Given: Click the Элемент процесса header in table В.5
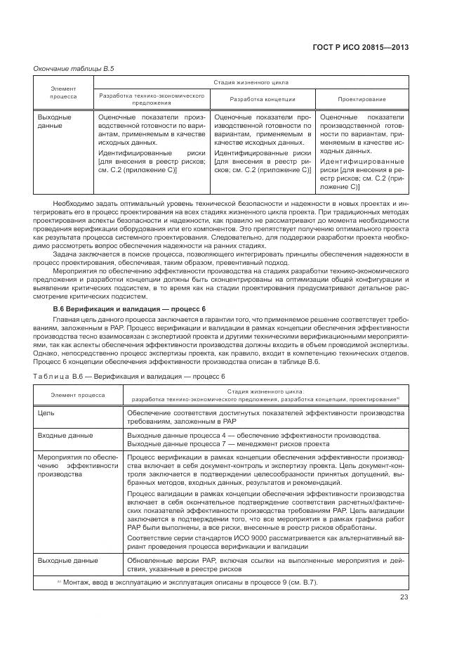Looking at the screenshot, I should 64,91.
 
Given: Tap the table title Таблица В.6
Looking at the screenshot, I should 114,377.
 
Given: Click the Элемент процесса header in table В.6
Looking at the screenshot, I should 78,395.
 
